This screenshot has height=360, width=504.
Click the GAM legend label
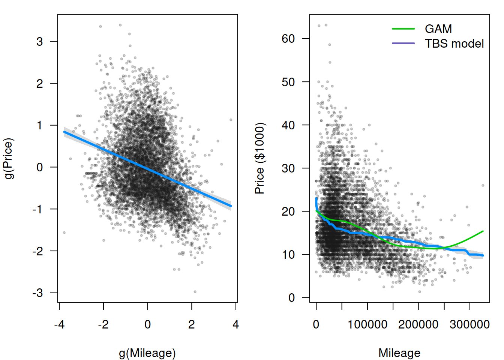pos(438,29)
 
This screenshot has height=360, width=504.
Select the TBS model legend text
pos(454,44)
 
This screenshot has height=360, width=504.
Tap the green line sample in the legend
pos(403,29)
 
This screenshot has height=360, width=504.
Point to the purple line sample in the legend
pos(403,43)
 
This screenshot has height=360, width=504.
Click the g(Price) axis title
pos(9,158)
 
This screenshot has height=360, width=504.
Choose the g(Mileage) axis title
pos(147,353)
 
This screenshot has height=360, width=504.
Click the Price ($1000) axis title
pos(259,158)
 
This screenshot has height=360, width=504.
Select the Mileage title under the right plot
pos(399,353)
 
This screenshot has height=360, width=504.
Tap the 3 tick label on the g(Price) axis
pos(40,41)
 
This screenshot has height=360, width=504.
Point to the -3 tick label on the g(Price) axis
pos(37,293)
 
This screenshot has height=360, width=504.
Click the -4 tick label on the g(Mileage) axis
pos(59,324)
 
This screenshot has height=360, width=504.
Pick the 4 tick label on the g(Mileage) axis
pos(235,324)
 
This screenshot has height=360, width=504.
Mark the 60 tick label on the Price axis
pos(288,39)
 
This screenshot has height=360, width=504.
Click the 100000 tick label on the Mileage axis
pos(367,324)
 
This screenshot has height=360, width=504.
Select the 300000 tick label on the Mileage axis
pos(470,324)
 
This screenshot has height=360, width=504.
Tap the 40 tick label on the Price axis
pos(288,125)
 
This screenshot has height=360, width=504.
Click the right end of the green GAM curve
pos(483,231)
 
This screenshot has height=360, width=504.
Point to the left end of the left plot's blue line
pos(64,132)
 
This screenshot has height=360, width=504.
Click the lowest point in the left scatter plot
pos(195,291)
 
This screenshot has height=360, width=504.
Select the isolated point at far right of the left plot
pos(231,120)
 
